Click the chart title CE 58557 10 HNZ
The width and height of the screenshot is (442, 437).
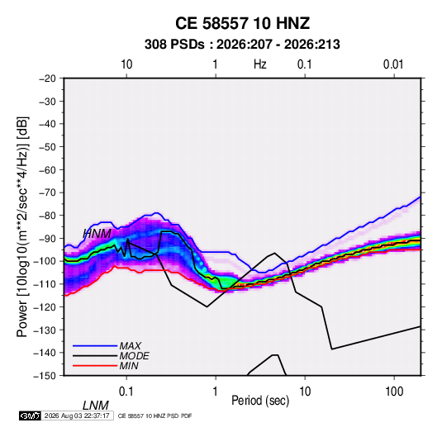click(x=242, y=23)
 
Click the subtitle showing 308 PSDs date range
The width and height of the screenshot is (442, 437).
click(x=242, y=45)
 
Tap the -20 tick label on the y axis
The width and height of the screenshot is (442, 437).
click(x=47, y=78)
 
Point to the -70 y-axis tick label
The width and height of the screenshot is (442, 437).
click(x=47, y=192)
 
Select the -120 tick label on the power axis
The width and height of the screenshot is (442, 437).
click(x=45, y=307)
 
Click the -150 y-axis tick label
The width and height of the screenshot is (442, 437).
click(x=45, y=376)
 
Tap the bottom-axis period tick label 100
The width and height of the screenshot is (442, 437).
click(x=394, y=392)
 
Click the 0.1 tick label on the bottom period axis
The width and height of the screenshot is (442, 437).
click(x=126, y=392)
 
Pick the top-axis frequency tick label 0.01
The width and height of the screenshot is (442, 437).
click(x=393, y=64)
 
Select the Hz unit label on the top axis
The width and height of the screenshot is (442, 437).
click(x=260, y=64)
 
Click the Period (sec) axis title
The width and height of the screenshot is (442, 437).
click(x=260, y=401)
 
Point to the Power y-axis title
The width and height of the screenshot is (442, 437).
click(x=22, y=226)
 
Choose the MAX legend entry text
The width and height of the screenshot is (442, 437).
click(x=131, y=345)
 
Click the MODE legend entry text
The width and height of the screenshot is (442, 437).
click(x=134, y=356)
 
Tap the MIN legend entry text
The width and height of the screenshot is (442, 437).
click(x=129, y=366)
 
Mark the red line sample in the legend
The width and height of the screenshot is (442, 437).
click(x=95, y=366)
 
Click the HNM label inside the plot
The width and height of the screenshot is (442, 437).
click(x=97, y=234)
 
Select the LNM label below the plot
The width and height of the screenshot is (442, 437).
click(x=96, y=406)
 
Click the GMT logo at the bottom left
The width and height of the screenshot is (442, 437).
click(x=30, y=416)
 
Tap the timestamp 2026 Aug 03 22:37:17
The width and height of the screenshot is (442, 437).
click(x=77, y=416)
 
